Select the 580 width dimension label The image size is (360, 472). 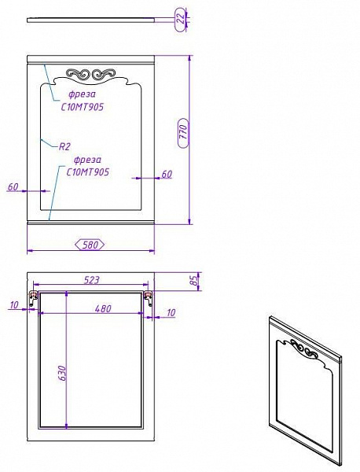pos(90,245)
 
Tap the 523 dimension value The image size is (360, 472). pos(91,280)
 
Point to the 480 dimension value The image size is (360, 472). pos(102,309)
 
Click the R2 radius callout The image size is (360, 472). pos(66,146)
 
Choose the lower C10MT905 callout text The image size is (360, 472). pos(87,171)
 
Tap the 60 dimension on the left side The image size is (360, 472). pos(13,186)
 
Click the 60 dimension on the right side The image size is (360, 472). pos(167,174)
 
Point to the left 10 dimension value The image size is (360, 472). pos(14,305)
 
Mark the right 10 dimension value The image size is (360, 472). pos(171,312)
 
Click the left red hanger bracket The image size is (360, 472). pos(33,297)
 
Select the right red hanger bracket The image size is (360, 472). pos(148,297)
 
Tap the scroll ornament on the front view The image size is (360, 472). pos(91,75)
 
